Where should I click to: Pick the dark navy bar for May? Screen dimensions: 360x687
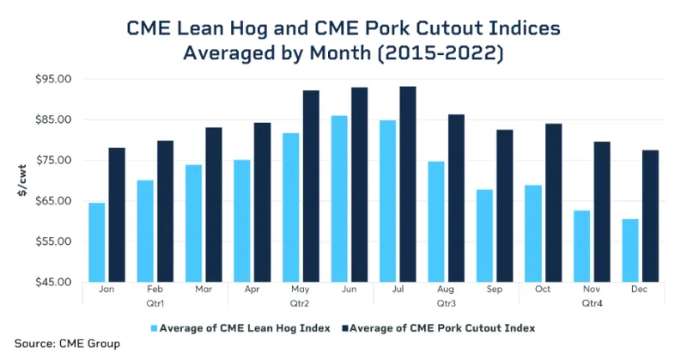[x=311, y=186]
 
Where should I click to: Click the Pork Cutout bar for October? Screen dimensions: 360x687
[x=553, y=203]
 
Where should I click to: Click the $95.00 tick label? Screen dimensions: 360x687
[x=53, y=79]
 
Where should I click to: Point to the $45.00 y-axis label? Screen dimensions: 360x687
[x=53, y=282]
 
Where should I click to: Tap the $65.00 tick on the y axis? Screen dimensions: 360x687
[x=53, y=201]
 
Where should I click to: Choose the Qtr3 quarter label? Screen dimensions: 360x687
[x=446, y=302]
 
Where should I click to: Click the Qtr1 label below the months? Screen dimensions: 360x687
[x=155, y=302]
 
